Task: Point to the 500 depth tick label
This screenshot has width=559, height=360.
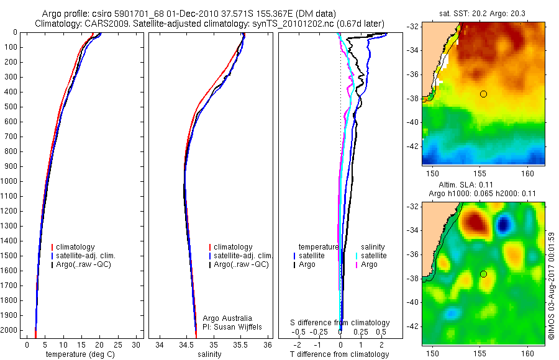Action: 11,107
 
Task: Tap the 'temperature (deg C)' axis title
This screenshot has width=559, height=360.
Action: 80,354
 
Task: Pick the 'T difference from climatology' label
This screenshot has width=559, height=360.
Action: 339,354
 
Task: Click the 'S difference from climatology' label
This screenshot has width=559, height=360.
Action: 340,323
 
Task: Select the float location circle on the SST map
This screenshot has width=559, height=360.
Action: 483,94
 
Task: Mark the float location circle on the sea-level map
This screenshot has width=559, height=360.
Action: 483,274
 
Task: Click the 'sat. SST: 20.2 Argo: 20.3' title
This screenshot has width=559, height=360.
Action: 483,13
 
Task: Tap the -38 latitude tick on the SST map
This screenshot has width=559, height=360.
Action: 412,98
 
